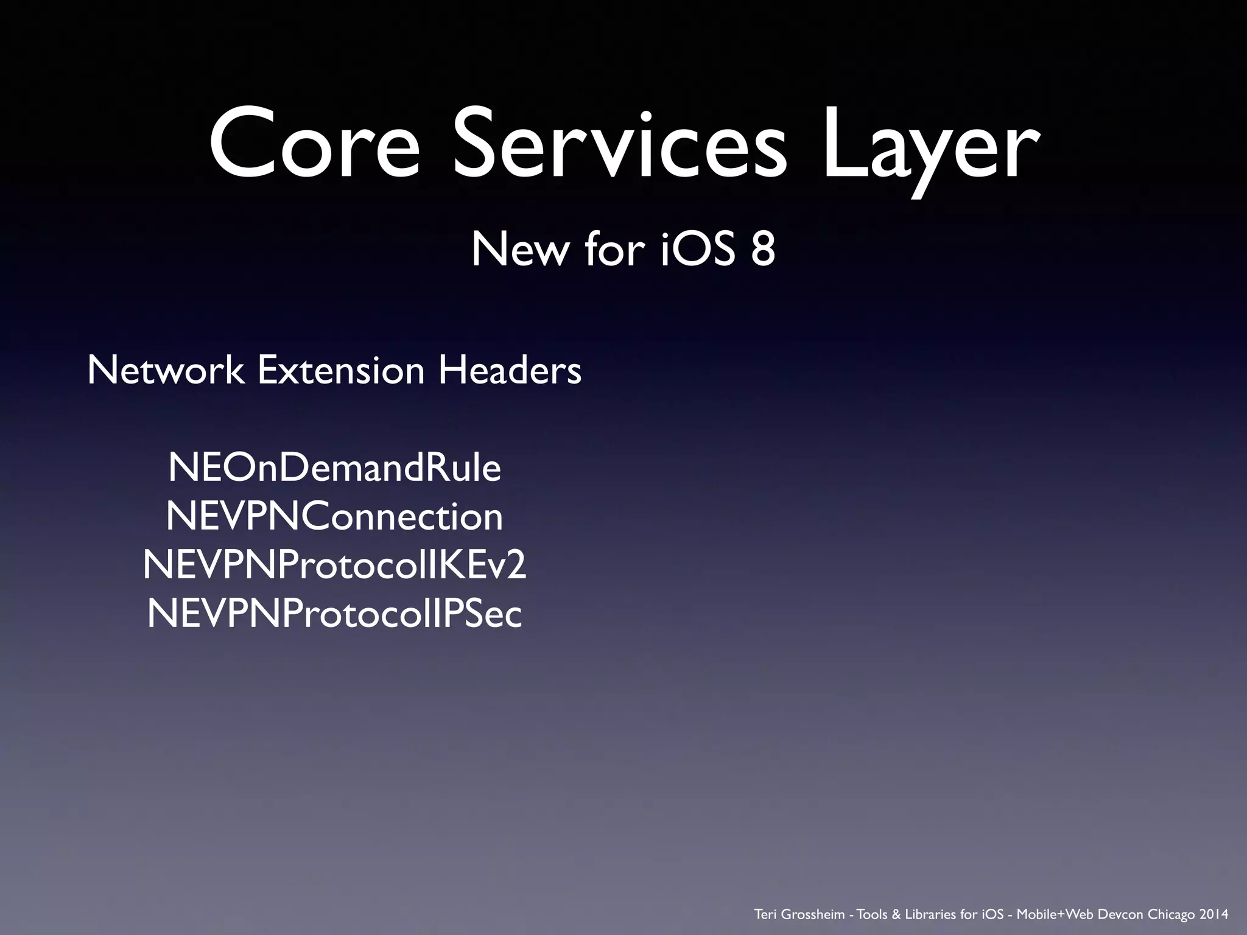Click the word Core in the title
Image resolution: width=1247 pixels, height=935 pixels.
(x=314, y=144)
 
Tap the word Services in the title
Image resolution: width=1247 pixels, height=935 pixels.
(x=620, y=144)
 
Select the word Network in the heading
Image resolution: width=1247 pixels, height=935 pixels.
(x=166, y=370)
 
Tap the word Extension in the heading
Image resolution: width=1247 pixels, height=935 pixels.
(x=341, y=370)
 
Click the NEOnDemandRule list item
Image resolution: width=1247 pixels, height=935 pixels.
(x=334, y=468)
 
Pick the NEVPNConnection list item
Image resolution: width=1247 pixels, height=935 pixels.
(x=334, y=517)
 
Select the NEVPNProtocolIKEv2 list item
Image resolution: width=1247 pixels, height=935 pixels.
(x=334, y=566)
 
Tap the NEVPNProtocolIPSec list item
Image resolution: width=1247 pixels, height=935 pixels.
(x=334, y=614)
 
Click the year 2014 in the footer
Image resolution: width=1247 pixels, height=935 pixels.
(x=1214, y=914)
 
